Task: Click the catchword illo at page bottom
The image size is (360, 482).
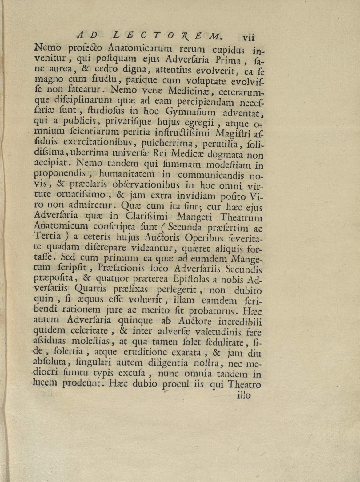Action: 244,395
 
